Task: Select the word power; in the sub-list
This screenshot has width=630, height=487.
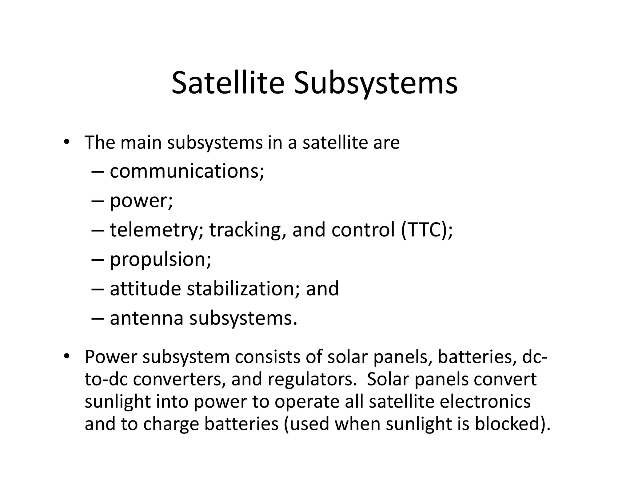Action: [142, 201]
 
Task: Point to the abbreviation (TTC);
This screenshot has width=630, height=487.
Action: [427, 230]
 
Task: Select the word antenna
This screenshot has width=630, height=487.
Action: [146, 318]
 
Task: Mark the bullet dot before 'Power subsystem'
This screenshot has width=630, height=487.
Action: [66, 356]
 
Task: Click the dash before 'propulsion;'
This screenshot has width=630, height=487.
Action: [98, 260]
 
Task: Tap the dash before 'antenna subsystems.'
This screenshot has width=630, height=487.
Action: [98, 318]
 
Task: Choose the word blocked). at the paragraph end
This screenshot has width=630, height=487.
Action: [512, 424]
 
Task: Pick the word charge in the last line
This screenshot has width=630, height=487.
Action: [171, 425]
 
